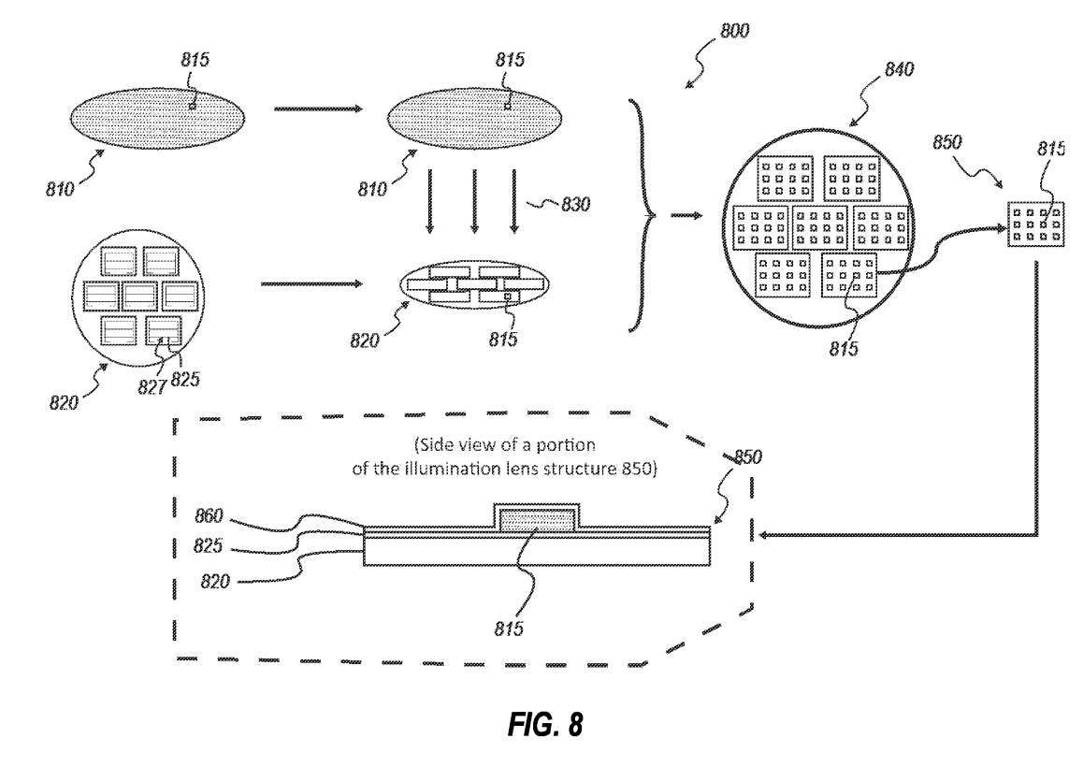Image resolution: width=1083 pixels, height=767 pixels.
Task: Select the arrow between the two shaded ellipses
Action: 318,109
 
